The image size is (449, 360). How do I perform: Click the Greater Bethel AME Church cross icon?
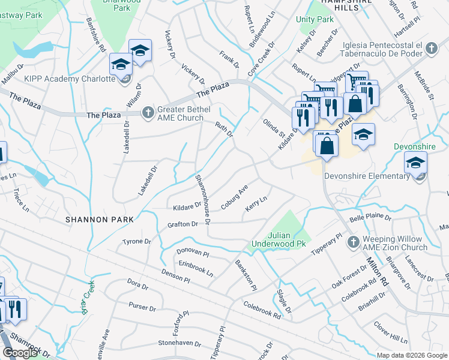[148, 112]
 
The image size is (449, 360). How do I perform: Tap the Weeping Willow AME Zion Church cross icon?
[354, 241]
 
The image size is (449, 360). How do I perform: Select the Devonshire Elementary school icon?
[415, 163]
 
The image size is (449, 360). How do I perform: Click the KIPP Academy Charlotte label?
[61, 79]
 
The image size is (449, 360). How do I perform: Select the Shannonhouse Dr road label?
[202, 200]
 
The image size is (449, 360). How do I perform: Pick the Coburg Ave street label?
[234, 197]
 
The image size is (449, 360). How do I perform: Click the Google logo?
[20, 353]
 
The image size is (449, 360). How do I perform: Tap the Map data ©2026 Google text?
[412, 355]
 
